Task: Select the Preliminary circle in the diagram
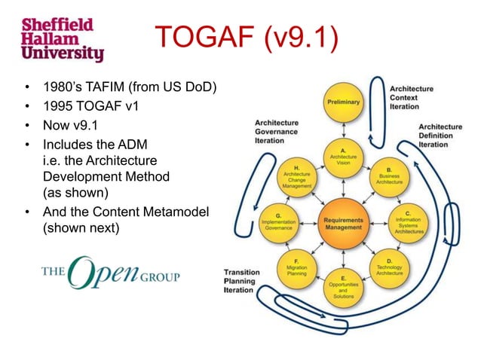click(x=342, y=102)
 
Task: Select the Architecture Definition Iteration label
click(x=440, y=136)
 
